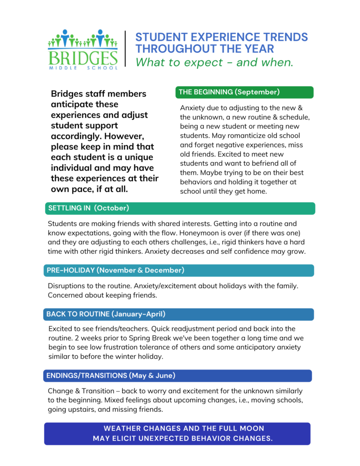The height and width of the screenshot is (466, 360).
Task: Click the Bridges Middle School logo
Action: tap(82, 49)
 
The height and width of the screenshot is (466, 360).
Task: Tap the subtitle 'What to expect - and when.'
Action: tap(214, 62)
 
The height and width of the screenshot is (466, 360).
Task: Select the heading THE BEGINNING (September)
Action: tap(229, 92)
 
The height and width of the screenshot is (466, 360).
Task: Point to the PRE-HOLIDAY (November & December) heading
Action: tap(116, 270)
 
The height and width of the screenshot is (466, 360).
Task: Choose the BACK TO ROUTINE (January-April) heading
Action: tap(106, 314)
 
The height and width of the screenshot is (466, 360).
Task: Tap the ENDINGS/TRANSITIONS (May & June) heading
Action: tap(111, 376)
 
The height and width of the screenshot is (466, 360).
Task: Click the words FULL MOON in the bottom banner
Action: tap(240, 429)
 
